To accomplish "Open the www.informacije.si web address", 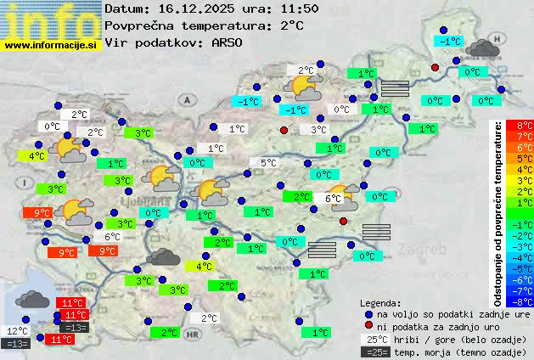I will (53, 45).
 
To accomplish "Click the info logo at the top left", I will (51, 20).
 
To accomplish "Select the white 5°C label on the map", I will (268, 163).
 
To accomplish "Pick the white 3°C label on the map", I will (318, 130).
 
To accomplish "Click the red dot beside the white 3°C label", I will (284, 130).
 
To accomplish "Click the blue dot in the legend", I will (368, 313).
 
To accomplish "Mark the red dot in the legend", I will (368, 325).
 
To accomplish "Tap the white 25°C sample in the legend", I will (376, 339).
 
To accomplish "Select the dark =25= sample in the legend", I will (376, 352).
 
